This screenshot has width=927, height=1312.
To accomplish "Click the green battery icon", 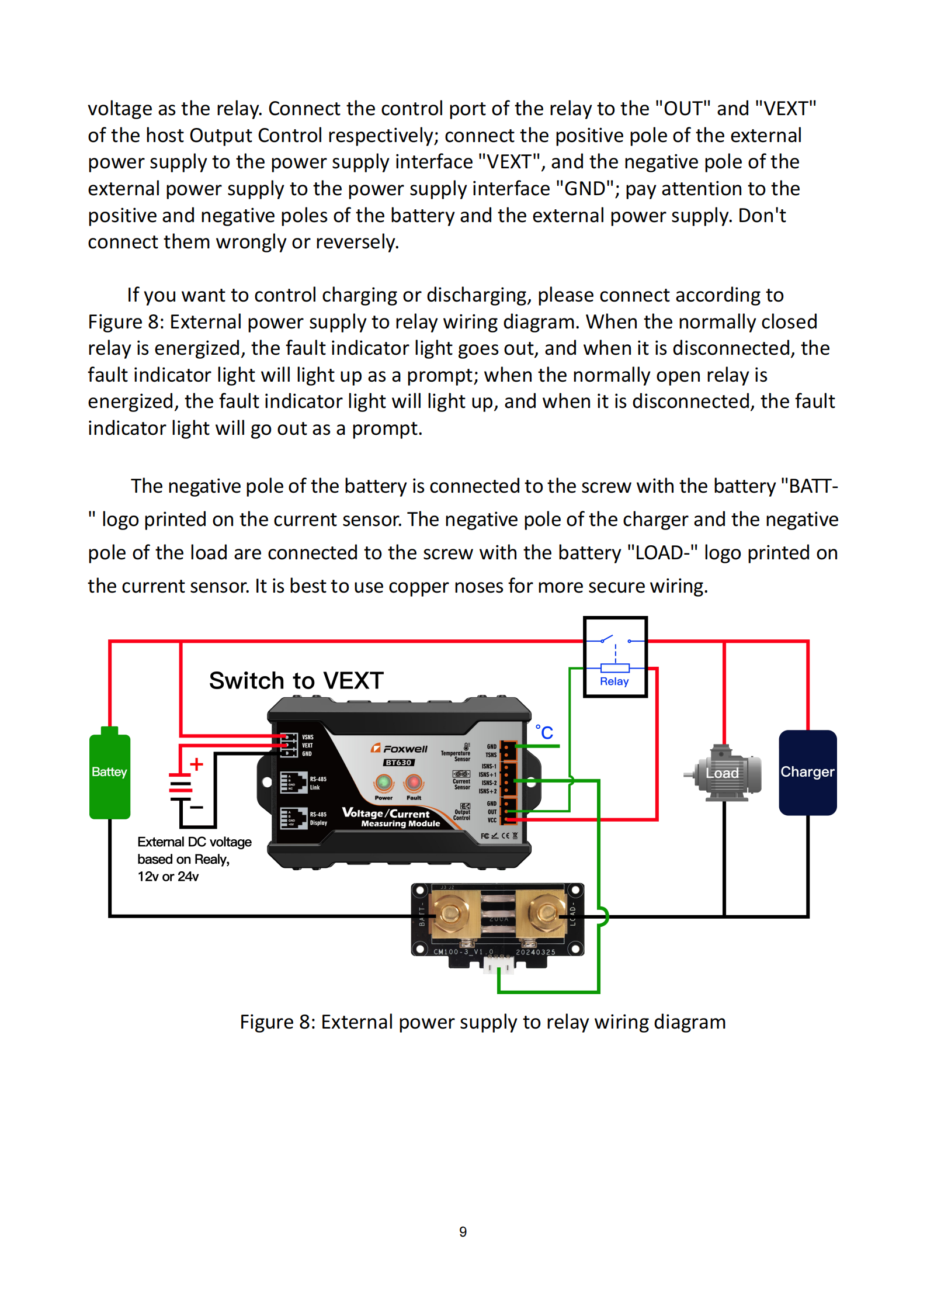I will (109, 774).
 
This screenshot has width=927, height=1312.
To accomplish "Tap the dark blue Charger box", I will (807, 772).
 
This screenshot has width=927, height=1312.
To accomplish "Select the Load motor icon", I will (724, 773).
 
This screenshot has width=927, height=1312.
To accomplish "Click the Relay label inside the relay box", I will (614, 681).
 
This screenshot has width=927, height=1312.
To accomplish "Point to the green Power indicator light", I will (384, 782).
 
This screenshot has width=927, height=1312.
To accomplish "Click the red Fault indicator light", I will (414, 782).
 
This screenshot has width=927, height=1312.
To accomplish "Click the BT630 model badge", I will (399, 763).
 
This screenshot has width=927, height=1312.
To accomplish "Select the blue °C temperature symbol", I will (544, 732).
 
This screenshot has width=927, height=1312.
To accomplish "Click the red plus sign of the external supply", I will (197, 764).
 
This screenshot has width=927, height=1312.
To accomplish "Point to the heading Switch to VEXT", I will (296, 681).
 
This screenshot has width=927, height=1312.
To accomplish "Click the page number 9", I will (463, 1231).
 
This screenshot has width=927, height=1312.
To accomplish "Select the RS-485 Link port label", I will (318, 783).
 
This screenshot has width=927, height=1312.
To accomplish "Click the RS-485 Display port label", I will (318, 818).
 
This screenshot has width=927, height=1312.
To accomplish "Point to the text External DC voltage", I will (195, 842).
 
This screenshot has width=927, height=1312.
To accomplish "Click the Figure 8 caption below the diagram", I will (482, 1022).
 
